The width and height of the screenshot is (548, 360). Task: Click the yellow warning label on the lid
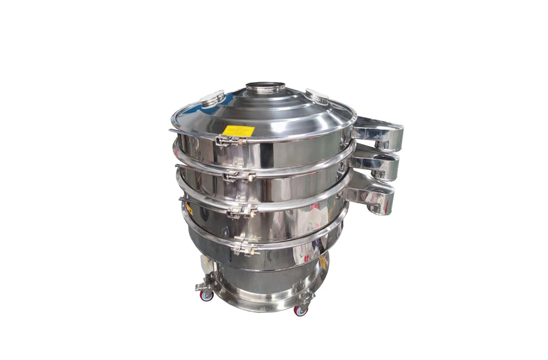tap(239, 131)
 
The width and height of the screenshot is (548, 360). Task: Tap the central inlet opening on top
tap(265, 86)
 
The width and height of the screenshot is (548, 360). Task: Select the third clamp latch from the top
tap(241, 211)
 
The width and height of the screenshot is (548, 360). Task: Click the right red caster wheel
tap(301, 310)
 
